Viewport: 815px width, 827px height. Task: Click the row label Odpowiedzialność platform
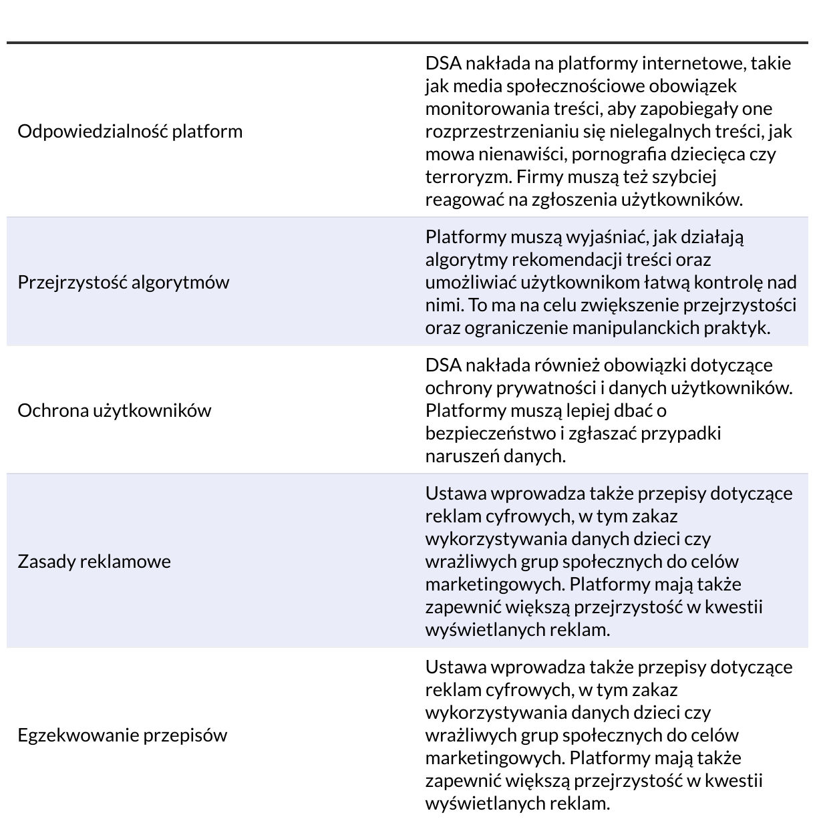tap(130, 131)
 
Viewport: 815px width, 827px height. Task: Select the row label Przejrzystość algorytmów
tap(123, 282)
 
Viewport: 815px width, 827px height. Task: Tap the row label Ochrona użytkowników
tap(114, 410)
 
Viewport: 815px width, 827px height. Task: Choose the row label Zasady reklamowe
tap(94, 561)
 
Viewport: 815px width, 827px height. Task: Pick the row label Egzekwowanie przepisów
tap(122, 735)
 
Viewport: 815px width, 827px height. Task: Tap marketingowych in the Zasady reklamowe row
tap(494, 585)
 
